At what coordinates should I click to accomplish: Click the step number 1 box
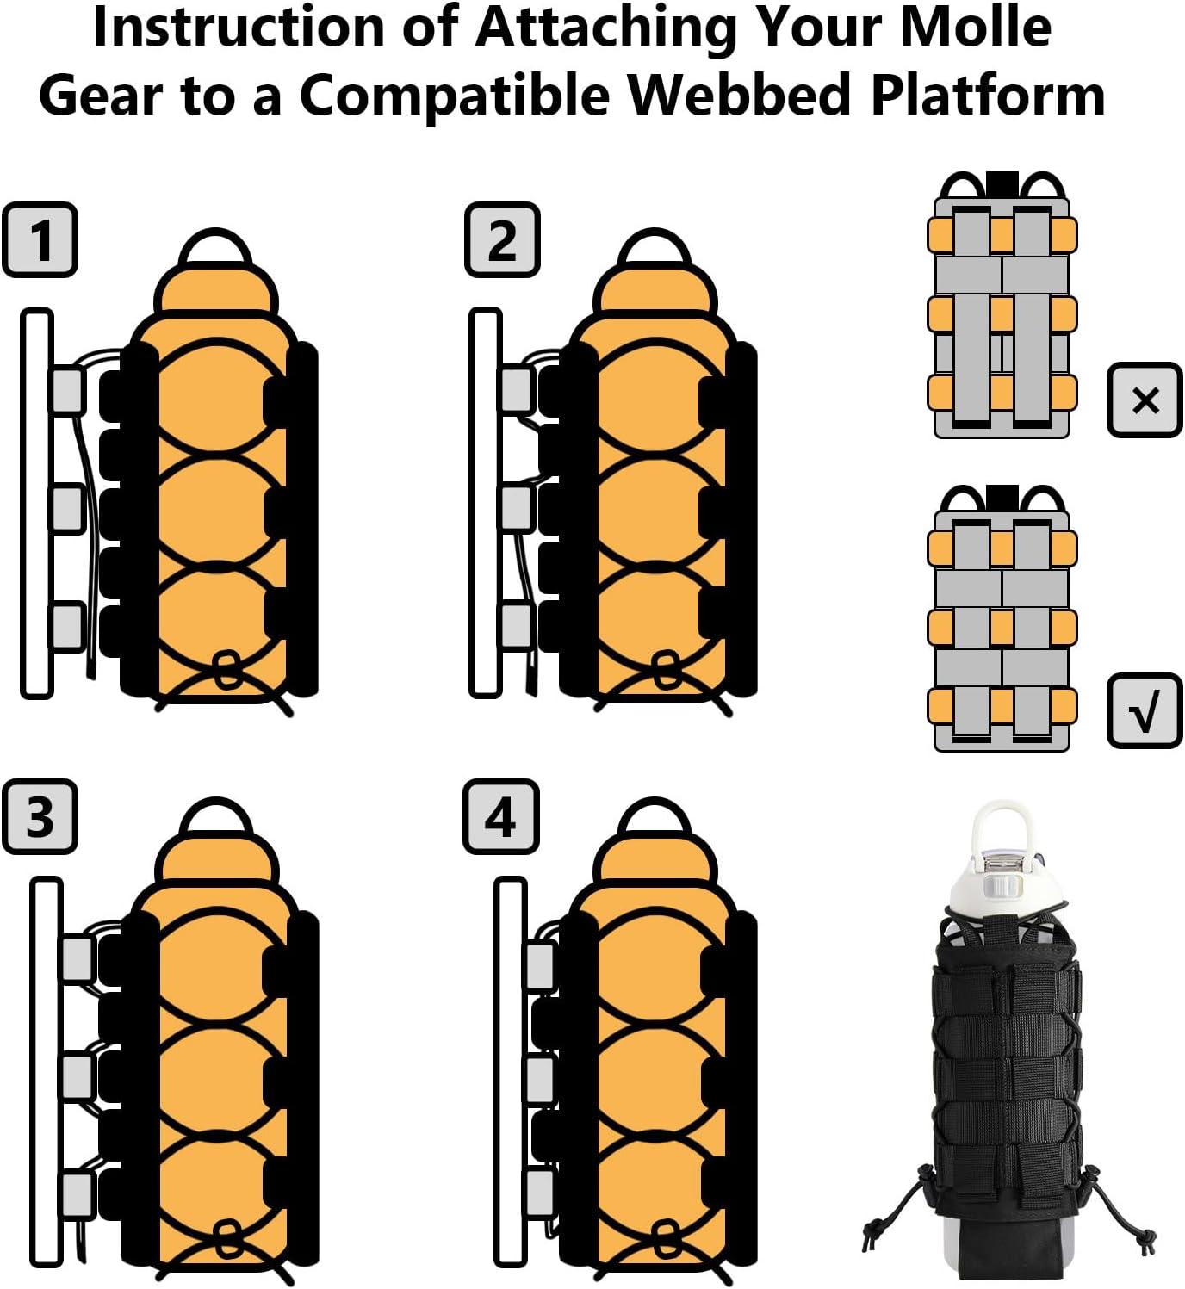[40, 239]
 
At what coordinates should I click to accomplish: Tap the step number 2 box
[502, 239]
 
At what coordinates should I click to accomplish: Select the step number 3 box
[40, 816]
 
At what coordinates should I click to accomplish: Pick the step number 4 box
[501, 816]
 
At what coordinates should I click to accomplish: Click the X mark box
[1145, 400]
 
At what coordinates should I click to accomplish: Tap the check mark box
[1145, 710]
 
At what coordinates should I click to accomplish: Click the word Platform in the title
[988, 95]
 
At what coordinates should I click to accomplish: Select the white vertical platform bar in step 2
[485, 502]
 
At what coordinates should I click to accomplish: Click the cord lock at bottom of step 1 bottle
[226, 670]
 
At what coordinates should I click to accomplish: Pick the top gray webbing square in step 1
[67, 389]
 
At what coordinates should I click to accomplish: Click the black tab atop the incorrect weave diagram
[1002, 183]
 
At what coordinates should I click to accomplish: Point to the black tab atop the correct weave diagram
[1002, 497]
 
